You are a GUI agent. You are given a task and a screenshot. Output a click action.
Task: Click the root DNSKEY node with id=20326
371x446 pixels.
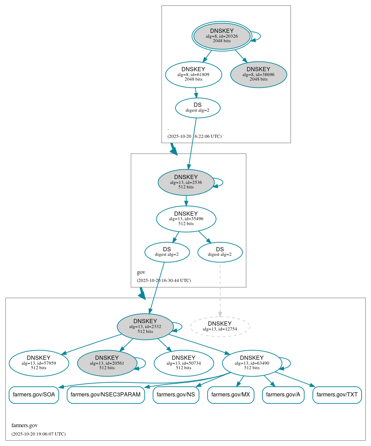[x=222, y=36]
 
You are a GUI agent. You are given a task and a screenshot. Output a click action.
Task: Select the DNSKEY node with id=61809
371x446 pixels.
[x=193, y=74]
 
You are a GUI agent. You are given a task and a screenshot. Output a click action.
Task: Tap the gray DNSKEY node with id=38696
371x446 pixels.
[x=258, y=74]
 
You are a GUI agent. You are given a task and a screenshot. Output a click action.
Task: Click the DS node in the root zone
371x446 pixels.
[x=198, y=108]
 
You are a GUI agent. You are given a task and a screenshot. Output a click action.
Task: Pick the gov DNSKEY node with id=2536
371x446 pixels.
[x=186, y=182]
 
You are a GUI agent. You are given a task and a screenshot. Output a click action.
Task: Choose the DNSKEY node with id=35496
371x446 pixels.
[x=186, y=219]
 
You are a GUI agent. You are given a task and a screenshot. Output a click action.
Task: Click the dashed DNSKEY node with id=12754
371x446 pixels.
[x=220, y=327]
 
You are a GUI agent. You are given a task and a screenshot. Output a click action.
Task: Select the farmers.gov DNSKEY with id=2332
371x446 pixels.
[x=145, y=327]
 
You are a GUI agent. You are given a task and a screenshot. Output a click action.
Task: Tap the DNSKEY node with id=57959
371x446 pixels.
[x=39, y=363]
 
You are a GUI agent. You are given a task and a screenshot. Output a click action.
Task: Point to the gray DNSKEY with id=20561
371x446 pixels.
[x=107, y=363]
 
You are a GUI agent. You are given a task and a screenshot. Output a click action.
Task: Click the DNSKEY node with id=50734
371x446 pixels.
[x=184, y=363]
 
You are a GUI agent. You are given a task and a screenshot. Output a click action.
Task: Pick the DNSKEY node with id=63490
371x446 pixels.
[x=252, y=363]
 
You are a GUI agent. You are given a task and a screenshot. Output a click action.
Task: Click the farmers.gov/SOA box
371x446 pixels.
[x=34, y=395]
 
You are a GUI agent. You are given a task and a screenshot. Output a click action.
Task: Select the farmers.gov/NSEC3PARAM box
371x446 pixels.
[x=106, y=395]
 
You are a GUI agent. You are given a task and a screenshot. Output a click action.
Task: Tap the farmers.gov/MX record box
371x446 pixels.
[x=231, y=395]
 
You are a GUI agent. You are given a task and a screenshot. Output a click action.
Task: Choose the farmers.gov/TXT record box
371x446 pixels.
[x=337, y=395]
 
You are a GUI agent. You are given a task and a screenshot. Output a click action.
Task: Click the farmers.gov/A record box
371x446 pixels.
[x=283, y=395]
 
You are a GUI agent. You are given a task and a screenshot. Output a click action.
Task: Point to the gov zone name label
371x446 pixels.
[x=141, y=272]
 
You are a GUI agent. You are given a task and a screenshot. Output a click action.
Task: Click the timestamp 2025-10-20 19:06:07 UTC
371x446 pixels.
[x=38, y=434]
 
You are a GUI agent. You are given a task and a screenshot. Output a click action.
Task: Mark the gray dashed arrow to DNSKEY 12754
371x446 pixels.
[x=220, y=290]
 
